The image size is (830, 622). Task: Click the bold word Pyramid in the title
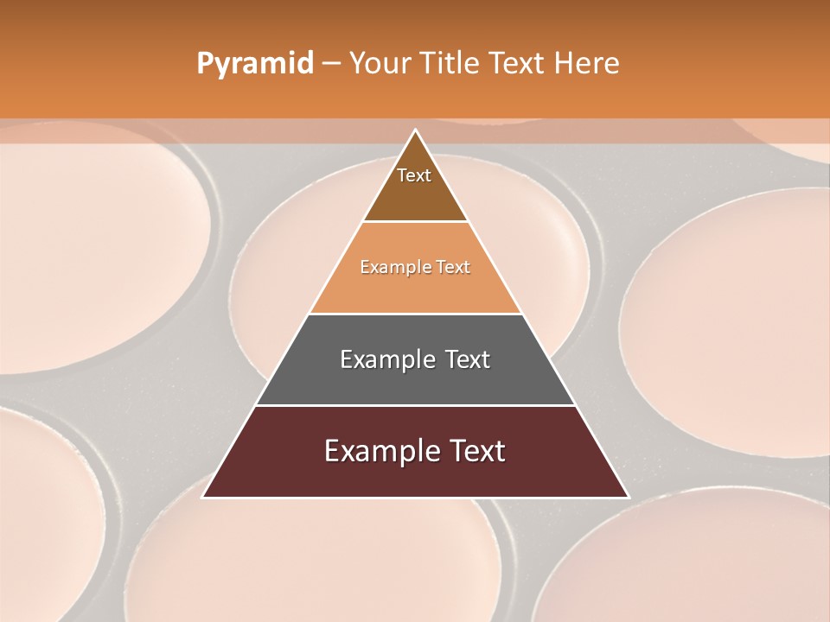click(254, 64)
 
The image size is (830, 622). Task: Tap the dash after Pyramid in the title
click(330, 64)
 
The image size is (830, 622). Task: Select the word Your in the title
click(377, 64)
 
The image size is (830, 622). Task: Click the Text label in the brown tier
click(414, 175)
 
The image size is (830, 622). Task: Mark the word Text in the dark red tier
click(477, 451)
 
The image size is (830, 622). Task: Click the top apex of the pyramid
click(415, 130)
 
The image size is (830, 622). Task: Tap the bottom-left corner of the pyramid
click(204, 497)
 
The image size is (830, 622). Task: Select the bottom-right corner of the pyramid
click(627, 497)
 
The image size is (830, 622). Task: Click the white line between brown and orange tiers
click(415, 222)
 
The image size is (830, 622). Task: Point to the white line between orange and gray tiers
click(415, 314)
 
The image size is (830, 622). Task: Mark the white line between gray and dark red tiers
click(415, 405)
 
